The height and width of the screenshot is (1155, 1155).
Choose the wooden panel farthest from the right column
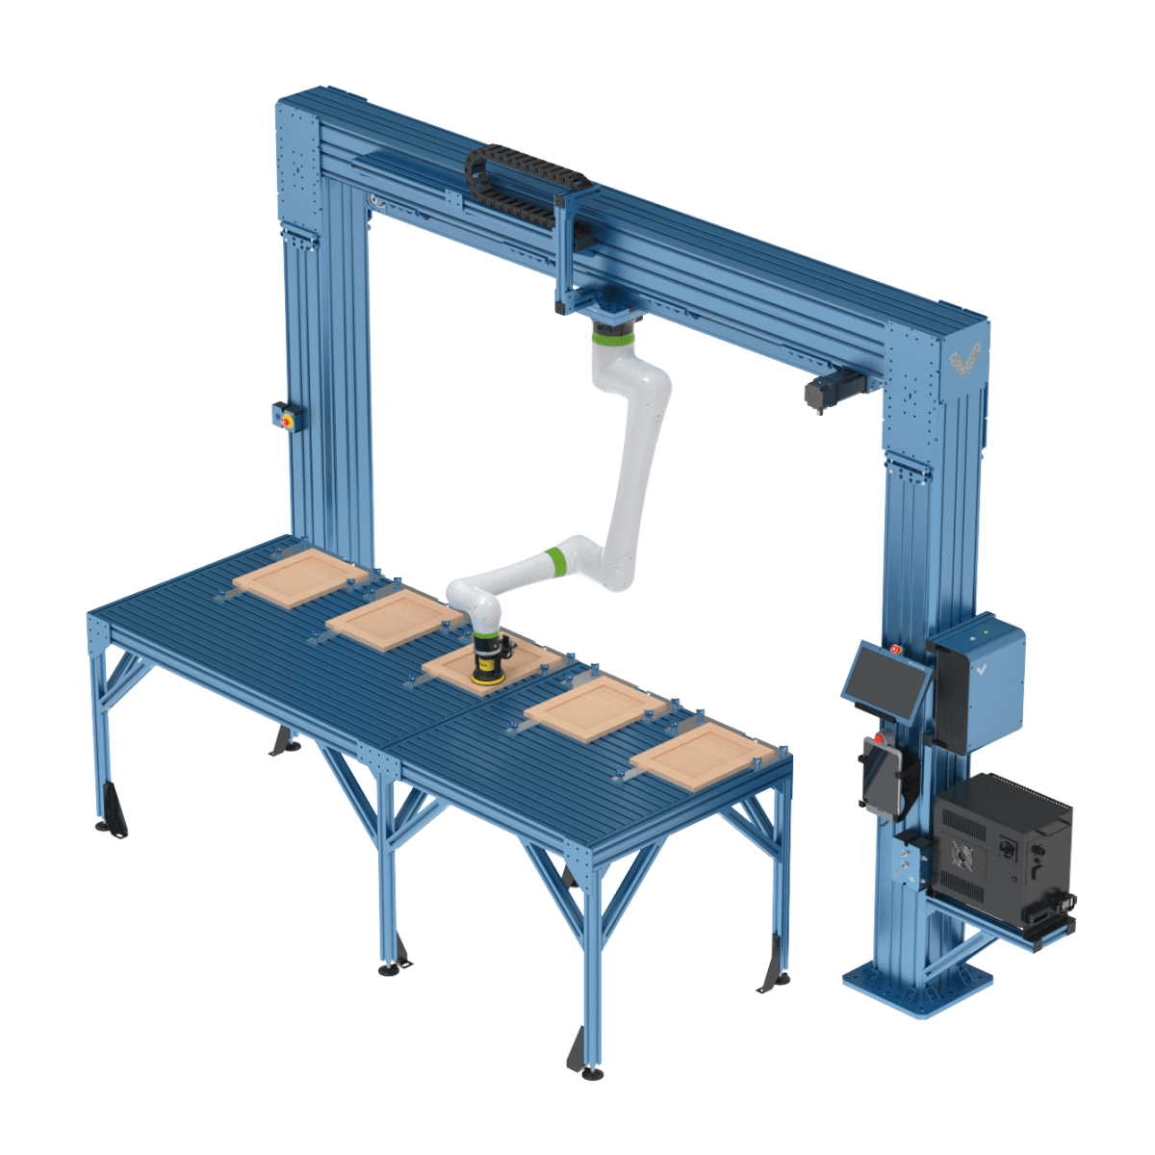pyautogui.click(x=300, y=577)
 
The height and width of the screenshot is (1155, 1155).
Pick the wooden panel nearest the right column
pyautogui.click(x=702, y=757)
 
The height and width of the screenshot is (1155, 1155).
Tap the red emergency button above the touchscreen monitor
pyautogui.click(x=896, y=651)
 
